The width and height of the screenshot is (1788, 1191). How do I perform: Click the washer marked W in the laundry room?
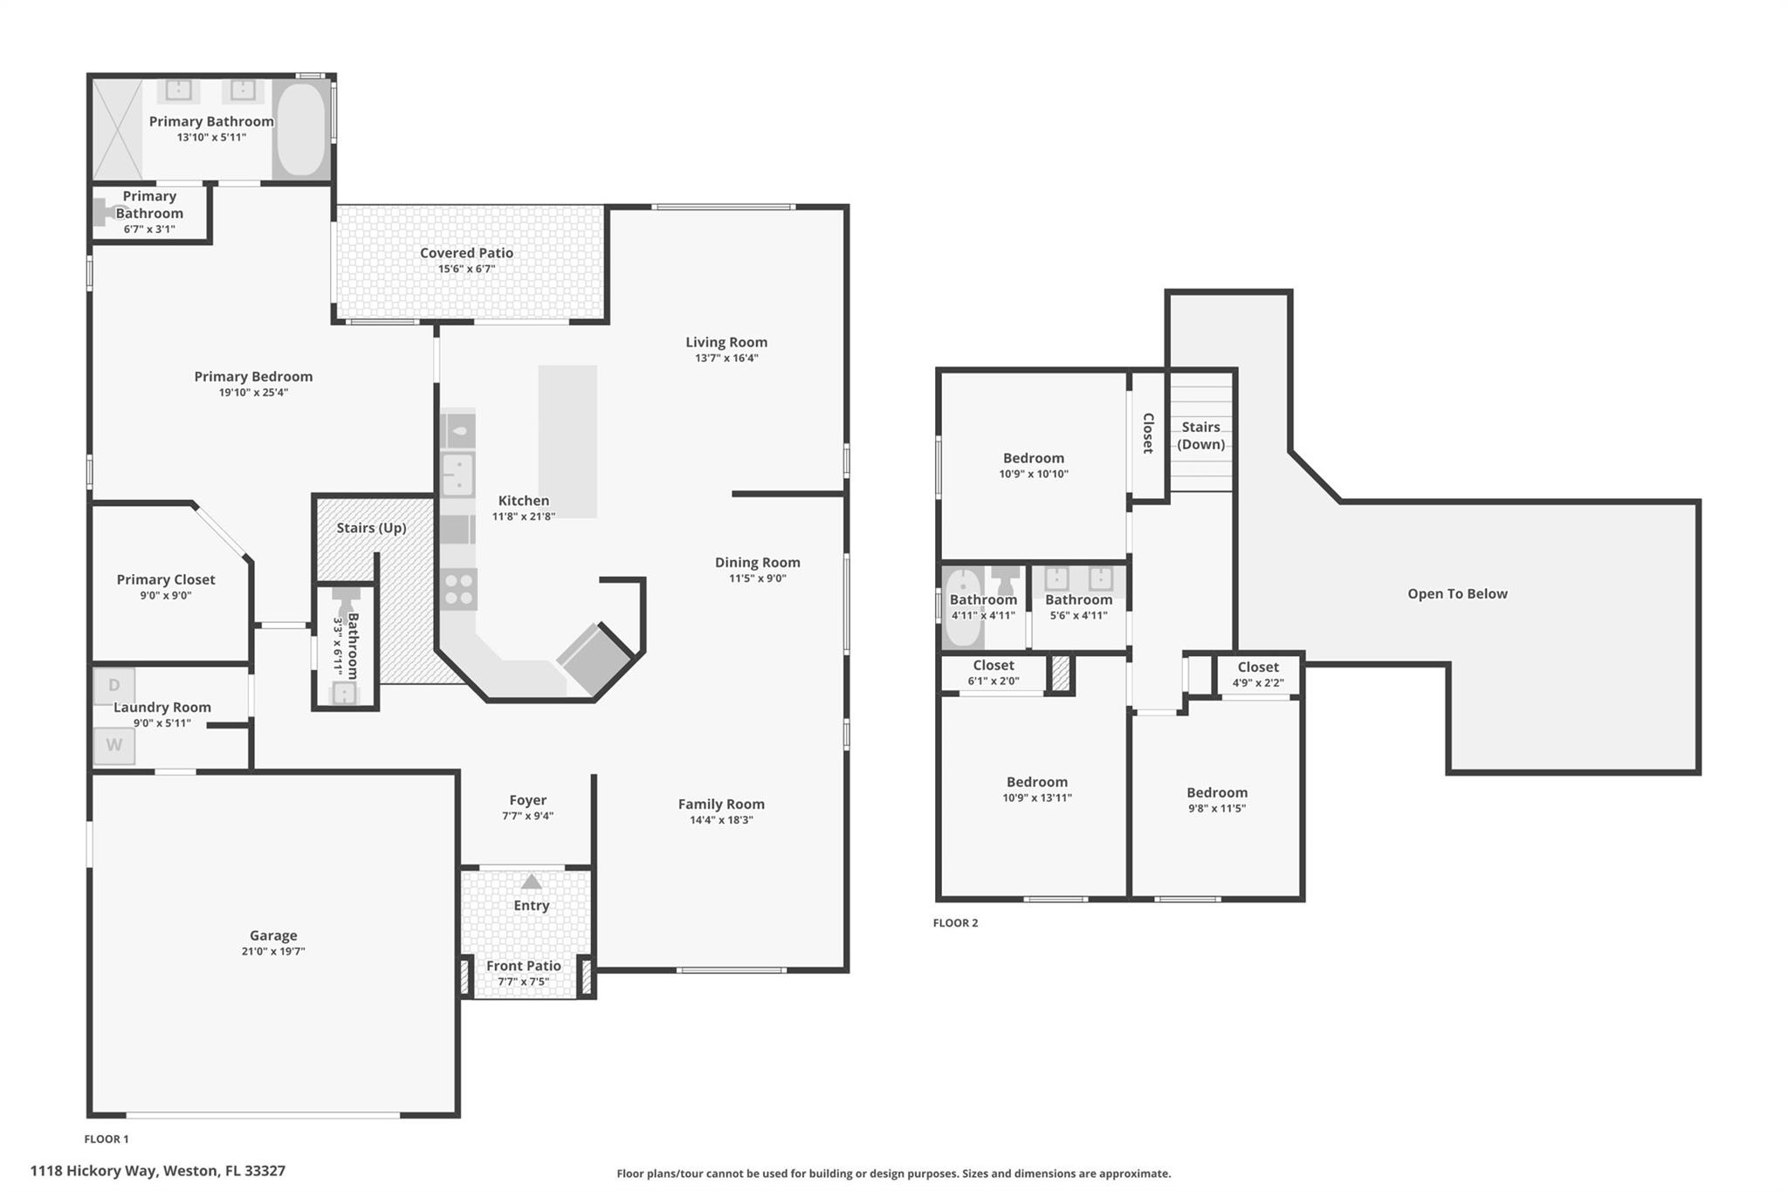tap(114, 745)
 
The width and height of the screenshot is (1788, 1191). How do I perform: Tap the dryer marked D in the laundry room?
tap(114, 686)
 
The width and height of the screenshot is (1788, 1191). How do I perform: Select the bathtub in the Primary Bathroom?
tap(302, 130)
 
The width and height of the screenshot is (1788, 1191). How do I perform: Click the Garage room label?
tap(273, 935)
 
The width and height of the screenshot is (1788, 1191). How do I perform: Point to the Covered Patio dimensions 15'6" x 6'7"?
tap(466, 269)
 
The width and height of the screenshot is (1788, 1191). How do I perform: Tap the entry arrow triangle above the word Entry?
tap(531, 882)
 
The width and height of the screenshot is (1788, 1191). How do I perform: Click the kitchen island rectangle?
tap(567, 441)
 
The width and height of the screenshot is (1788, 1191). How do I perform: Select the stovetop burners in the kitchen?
tap(458, 589)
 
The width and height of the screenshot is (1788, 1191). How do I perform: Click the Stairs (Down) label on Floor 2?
tap(1200, 435)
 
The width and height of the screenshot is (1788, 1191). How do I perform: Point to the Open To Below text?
tap(1457, 594)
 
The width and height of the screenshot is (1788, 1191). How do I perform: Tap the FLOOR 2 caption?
tap(955, 923)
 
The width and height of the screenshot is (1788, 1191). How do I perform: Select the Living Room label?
tap(726, 342)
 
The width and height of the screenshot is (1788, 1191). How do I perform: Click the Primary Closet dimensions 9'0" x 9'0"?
tap(166, 596)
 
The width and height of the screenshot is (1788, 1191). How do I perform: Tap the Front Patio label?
tap(524, 966)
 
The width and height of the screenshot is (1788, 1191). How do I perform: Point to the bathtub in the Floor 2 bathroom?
tap(962, 607)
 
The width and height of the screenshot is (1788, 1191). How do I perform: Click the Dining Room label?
tap(758, 563)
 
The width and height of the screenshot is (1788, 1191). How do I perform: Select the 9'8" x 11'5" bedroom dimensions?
tap(1217, 809)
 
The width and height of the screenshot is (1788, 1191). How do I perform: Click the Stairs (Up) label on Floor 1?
tap(372, 528)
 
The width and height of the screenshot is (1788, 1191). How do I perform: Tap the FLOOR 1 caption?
tap(107, 1139)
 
